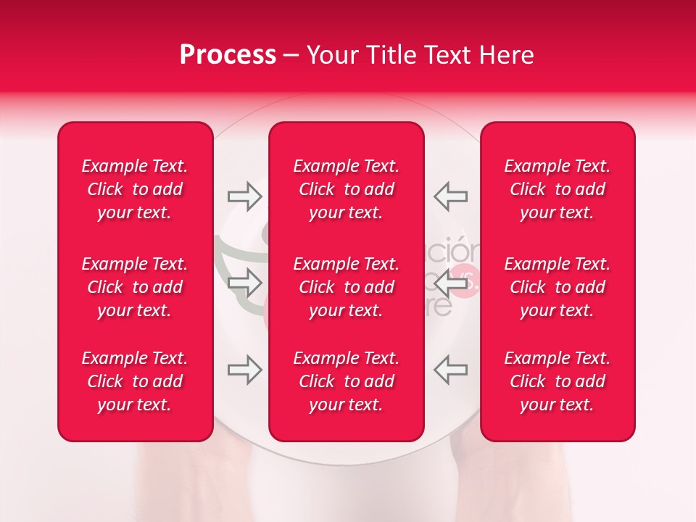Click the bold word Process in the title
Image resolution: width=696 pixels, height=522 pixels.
point(228,55)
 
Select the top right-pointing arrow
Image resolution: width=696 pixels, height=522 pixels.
point(244,196)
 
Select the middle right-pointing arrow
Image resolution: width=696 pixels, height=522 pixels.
point(244,283)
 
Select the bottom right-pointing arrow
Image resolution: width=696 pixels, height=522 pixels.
point(244,370)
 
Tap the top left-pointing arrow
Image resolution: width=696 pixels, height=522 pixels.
point(451,196)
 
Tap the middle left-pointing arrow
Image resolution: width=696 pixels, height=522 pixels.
point(451,285)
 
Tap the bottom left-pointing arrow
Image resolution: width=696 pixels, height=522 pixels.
point(451,370)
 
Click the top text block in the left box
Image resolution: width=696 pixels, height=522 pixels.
point(135,189)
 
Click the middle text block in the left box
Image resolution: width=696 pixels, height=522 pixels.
point(135,287)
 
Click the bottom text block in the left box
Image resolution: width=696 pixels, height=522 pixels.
point(135,381)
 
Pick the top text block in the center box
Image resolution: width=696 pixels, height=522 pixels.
point(346,189)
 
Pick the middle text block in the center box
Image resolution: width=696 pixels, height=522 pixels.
point(346,287)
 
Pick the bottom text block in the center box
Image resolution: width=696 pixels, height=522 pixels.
point(346,381)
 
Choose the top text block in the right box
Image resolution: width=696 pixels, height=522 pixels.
point(557,189)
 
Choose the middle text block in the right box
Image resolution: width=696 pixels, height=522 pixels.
point(557,287)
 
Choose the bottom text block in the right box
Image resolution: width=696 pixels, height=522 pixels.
point(557,381)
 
